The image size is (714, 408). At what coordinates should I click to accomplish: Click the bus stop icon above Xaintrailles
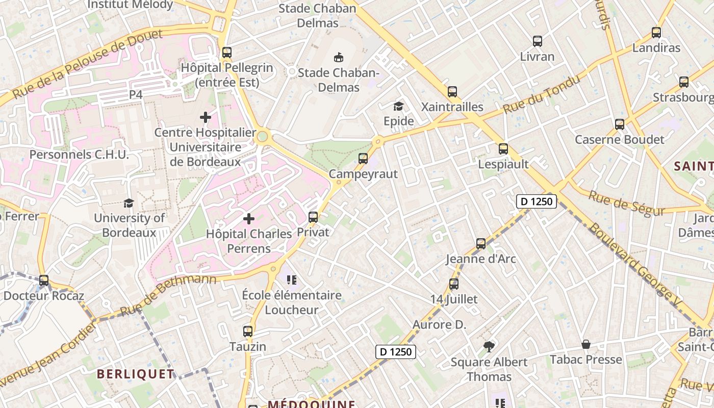452,92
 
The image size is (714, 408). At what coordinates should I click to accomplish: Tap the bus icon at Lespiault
503,149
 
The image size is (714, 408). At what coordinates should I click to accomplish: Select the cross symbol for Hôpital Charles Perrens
249,219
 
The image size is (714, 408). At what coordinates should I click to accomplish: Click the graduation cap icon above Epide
398,106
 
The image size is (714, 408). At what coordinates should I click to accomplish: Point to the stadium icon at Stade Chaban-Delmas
338,57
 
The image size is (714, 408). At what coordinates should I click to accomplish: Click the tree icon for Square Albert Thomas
489,347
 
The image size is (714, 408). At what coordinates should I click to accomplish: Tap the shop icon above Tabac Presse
586,345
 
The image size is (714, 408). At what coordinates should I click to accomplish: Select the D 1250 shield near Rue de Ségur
536,201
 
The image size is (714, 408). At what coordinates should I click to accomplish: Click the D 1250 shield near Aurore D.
396,351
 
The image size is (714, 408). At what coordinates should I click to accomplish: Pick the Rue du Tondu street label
542,94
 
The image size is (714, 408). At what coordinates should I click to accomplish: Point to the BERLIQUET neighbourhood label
136,374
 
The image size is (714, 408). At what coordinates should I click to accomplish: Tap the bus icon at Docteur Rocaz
44,280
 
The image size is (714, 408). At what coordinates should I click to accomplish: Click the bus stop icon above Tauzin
248,331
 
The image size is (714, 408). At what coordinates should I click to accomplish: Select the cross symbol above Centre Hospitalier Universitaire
206,118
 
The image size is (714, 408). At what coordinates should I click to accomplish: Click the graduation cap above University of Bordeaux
129,203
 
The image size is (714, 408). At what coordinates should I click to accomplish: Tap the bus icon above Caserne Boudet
620,124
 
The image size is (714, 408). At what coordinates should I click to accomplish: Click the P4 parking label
136,94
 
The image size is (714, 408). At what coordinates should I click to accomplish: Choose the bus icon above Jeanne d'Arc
481,243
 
